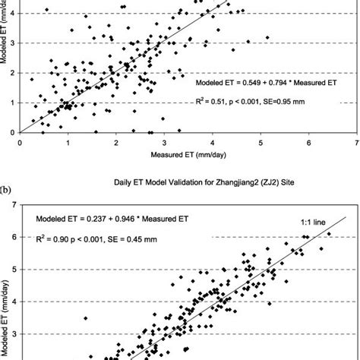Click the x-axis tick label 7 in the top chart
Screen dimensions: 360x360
[x=356, y=141]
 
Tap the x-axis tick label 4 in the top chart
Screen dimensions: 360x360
[x=212, y=141]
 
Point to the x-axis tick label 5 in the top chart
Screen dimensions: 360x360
[x=260, y=141]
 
